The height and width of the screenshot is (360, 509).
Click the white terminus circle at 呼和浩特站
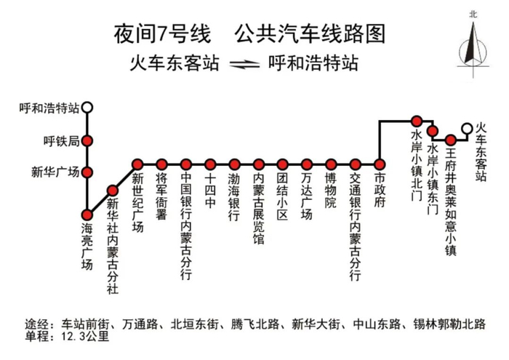[87, 107]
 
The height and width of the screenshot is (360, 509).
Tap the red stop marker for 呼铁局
[87, 141]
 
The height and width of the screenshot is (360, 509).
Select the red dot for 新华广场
[87, 172]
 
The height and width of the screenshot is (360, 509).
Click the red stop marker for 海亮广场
[87, 215]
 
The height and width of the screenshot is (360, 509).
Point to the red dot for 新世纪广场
[137, 164]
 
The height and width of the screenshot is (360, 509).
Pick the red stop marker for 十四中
[210, 164]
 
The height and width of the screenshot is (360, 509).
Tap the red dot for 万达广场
[307, 164]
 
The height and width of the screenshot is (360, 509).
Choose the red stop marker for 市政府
[379, 164]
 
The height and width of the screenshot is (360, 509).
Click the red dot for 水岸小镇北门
[417, 121]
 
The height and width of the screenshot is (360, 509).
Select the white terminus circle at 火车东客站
[467, 129]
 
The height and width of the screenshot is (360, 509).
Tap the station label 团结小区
[282, 196]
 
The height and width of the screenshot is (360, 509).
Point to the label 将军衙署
[161, 196]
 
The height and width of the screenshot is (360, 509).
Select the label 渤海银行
[234, 196]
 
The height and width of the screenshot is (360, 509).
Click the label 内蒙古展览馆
[259, 209]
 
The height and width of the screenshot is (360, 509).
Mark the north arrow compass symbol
[473, 45]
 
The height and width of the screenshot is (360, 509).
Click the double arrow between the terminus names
[244, 64]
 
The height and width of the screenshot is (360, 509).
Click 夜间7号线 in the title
[162, 34]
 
